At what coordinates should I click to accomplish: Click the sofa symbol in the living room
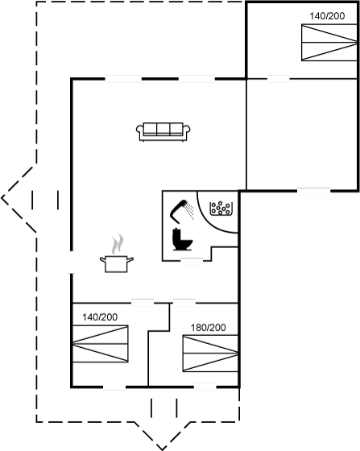(163, 132)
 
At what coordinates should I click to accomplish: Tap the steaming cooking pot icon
(117, 263)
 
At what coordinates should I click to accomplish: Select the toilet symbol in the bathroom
(182, 239)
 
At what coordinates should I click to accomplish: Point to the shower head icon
(181, 211)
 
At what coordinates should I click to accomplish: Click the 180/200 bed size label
(208, 327)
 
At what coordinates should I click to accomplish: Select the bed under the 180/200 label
(210, 354)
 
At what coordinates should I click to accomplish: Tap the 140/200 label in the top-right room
(327, 16)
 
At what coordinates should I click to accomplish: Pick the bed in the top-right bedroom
(329, 43)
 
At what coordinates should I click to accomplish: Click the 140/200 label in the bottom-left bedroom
(100, 317)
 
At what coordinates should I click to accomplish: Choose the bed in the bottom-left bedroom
(101, 344)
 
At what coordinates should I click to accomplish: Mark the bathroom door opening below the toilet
(192, 261)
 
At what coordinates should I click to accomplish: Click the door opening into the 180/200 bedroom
(184, 303)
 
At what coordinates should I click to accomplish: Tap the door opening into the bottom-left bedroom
(143, 303)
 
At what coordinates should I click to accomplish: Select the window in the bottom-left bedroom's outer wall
(114, 387)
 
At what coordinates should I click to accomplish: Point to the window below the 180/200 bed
(205, 387)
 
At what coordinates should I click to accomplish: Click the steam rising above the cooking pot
(118, 245)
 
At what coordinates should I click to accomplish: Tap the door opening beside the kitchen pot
(72, 262)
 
